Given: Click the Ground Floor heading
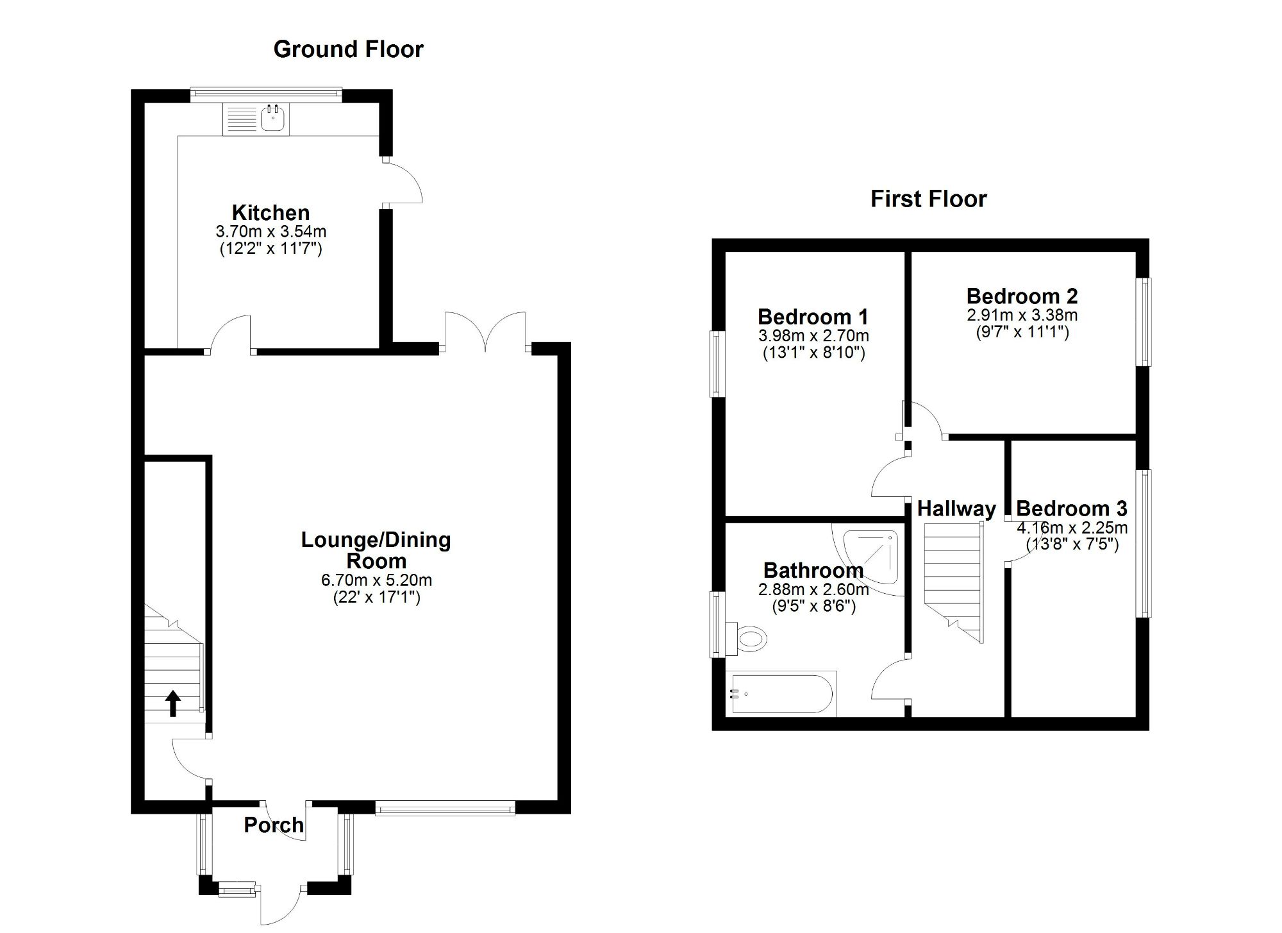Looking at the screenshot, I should tap(348, 49).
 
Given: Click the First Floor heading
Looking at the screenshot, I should tap(928, 199).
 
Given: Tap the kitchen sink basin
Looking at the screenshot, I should tap(274, 119).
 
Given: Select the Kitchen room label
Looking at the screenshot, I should tap(271, 212).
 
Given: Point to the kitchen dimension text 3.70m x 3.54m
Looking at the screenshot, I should tap(271, 231).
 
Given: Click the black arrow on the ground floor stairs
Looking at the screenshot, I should tap(172, 703).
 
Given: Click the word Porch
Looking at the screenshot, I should tap(274, 825).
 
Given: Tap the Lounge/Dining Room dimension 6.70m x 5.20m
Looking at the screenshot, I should tap(376, 580).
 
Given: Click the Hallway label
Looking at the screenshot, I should tap(956, 509).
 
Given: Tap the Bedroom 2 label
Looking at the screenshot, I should tap(1022, 296).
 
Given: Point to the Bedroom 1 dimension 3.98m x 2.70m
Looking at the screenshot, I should tap(813, 335).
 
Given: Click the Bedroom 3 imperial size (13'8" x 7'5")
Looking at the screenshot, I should tap(1072, 544).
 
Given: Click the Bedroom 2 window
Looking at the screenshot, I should tap(1144, 321).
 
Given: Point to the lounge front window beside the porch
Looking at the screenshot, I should tap(445, 807).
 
